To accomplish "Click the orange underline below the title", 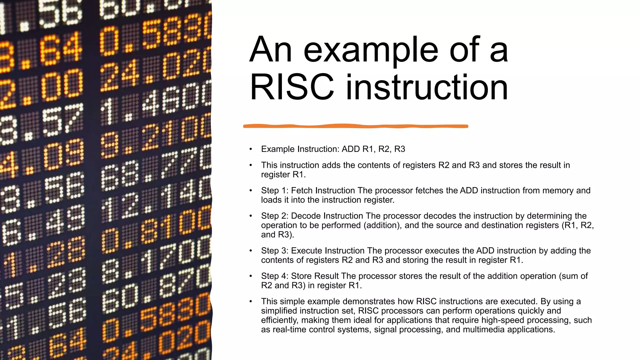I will tap(356, 126).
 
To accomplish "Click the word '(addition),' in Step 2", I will tap(383, 225).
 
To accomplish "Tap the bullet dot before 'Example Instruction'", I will tap(251, 149).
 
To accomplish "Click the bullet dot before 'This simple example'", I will tap(251, 301).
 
